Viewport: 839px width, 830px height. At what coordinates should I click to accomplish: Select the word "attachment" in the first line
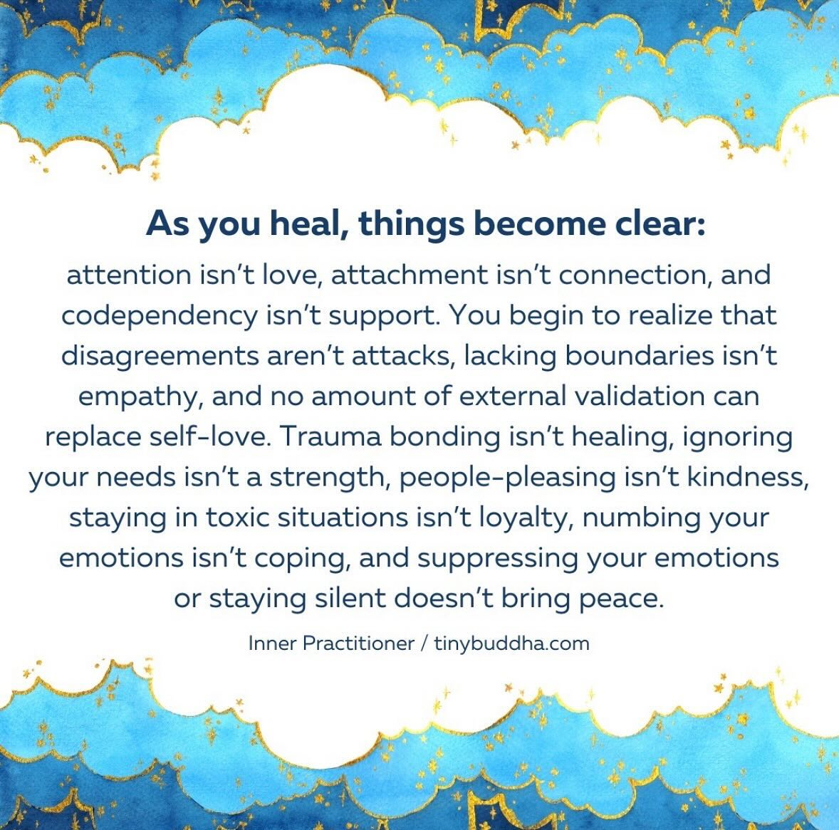410,275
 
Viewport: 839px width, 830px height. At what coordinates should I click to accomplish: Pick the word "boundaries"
640,356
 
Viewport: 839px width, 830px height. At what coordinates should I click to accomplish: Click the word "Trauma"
330,436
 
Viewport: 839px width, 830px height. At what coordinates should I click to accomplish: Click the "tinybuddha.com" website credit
511,643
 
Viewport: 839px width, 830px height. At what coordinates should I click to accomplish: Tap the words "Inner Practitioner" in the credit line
331,643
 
